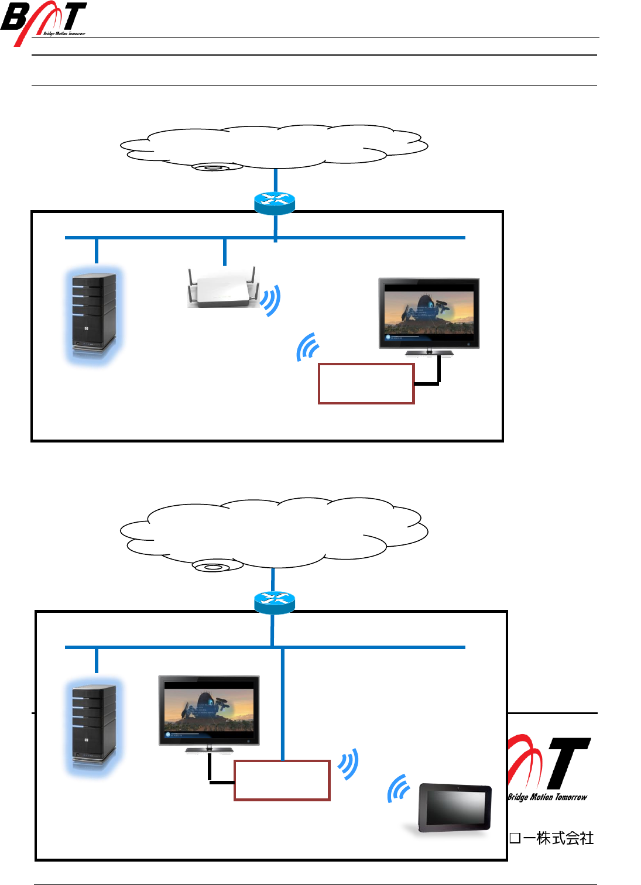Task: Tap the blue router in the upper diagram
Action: tap(275, 203)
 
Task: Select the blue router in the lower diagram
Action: tap(275, 602)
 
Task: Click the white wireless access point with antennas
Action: tap(222, 289)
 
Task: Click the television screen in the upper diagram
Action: tap(429, 314)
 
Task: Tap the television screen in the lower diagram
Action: tap(209, 711)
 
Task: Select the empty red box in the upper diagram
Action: tap(366, 384)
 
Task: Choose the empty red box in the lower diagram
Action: tap(282, 780)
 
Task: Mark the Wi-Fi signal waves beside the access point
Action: tap(270, 300)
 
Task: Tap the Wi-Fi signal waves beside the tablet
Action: tap(399, 789)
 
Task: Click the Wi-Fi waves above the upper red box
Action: tap(308, 347)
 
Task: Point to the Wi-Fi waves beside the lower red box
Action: tap(348, 764)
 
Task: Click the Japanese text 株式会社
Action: tap(565, 838)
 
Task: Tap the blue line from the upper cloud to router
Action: tap(275, 181)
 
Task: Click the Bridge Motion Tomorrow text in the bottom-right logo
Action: tap(547, 797)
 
